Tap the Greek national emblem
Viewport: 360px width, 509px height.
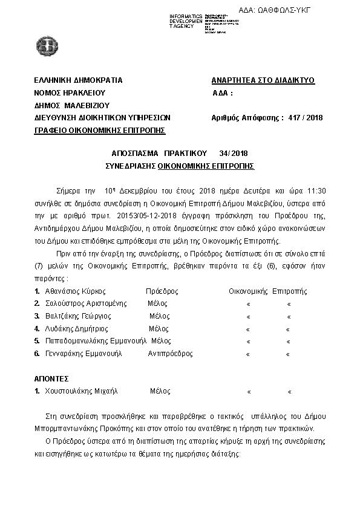[46, 44]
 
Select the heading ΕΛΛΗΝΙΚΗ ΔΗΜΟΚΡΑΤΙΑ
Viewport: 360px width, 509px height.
[79, 80]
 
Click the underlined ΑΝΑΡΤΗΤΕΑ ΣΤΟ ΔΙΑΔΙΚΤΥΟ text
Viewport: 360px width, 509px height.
[263, 80]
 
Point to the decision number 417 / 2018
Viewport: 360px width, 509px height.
[306, 117]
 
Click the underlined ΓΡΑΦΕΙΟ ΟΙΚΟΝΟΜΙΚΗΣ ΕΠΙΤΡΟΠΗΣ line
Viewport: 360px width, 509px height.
[100, 130]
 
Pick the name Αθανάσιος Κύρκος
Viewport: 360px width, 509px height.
[73, 291]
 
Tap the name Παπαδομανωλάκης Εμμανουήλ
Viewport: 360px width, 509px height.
[96, 342]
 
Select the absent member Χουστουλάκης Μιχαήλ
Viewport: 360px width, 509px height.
[80, 391]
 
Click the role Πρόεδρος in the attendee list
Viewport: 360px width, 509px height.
[162, 291]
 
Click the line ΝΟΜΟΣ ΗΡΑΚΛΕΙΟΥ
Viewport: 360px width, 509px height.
[70, 93]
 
